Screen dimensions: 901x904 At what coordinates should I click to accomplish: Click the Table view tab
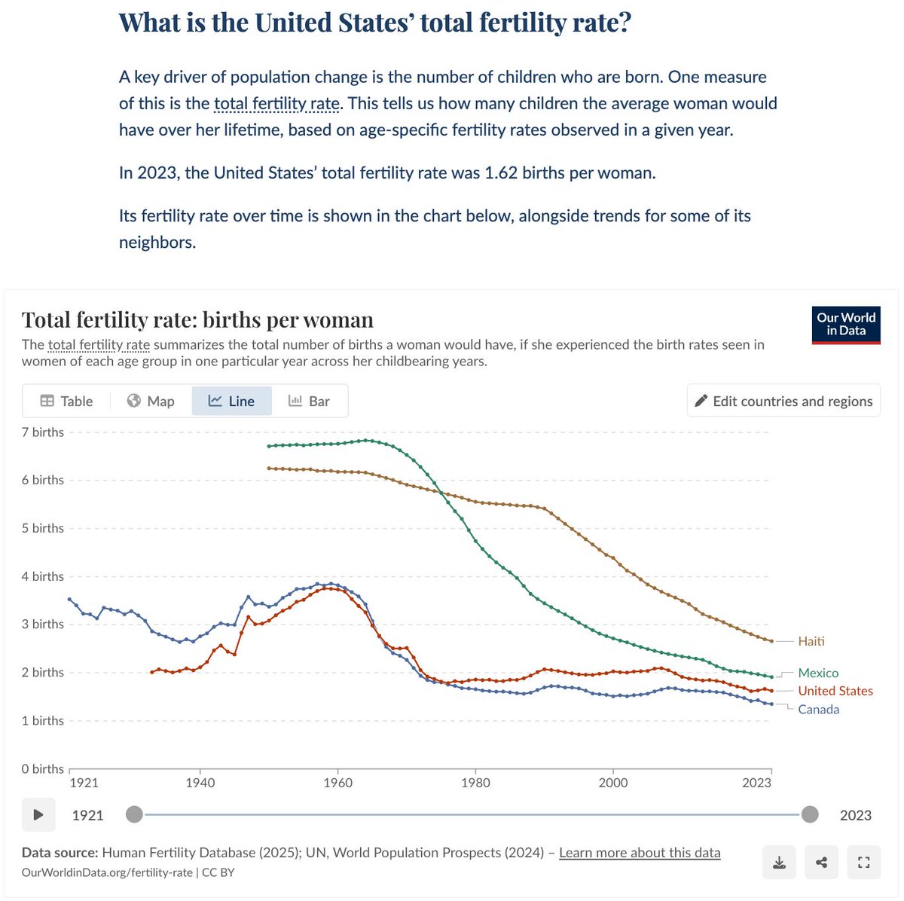tap(66, 401)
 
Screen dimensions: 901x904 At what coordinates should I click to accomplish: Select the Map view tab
tap(151, 401)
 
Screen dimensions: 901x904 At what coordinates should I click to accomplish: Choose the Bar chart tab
tap(309, 401)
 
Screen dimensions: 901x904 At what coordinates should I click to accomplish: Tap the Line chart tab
tap(231, 401)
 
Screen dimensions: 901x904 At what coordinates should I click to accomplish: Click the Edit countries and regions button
tap(783, 401)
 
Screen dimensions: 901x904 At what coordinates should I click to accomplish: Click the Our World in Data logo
tap(846, 325)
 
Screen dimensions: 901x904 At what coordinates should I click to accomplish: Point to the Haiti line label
tap(811, 641)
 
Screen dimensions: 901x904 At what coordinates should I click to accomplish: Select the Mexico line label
tap(818, 673)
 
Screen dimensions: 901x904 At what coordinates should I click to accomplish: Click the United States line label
tap(835, 691)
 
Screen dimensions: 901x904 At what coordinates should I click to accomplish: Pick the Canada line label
tap(818, 709)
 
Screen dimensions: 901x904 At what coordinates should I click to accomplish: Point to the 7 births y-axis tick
tap(43, 432)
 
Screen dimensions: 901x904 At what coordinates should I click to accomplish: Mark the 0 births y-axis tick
tap(43, 768)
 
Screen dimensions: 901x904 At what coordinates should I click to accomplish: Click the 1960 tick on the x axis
tap(337, 783)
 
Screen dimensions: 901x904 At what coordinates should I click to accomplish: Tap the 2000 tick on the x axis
tap(613, 783)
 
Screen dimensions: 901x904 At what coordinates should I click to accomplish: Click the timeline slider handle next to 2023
tap(810, 814)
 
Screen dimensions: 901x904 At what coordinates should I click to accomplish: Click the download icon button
tap(780, 863)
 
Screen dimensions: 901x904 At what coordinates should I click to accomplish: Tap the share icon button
tap(822, 863)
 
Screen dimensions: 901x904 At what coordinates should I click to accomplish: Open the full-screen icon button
tap(864, 863)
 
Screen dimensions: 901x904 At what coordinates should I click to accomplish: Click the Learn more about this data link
tap(640, 852)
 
